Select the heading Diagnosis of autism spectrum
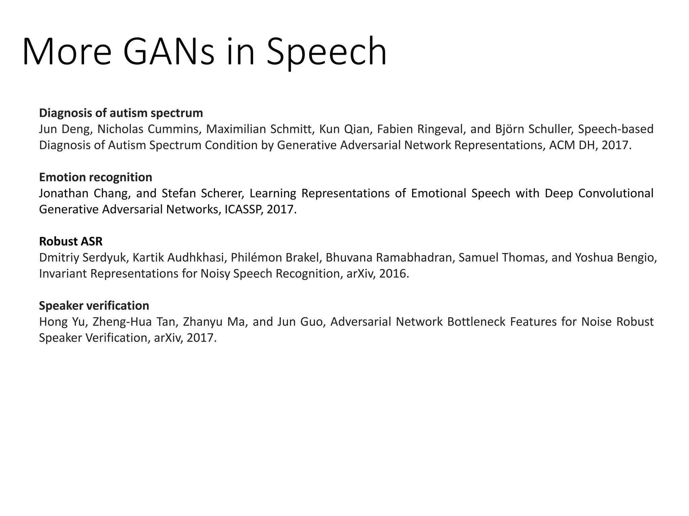[x=121, y=113]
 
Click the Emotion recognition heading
[x=96, y=177]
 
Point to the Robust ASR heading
[x=71, y=242]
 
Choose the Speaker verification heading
[x=94, y=306]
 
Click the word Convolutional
[x=616, y=193]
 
